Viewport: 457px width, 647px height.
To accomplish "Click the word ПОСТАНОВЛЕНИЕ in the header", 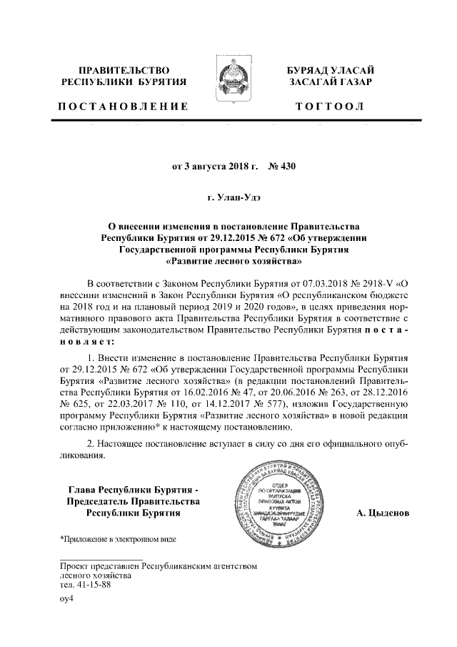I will pyautogui.click(x=122, y=107).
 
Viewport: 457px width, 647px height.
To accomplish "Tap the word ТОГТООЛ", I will pyautogui.click(x=329, y=107).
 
